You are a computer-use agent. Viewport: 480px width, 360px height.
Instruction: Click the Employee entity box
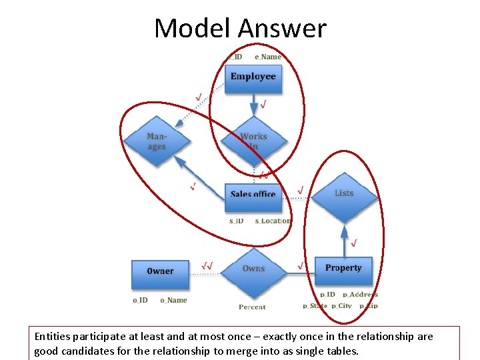253,77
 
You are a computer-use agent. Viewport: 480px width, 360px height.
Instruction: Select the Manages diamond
157,141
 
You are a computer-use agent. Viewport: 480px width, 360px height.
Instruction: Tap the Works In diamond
253,141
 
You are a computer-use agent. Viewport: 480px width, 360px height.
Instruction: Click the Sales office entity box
253,194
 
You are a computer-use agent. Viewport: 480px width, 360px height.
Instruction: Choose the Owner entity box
159,271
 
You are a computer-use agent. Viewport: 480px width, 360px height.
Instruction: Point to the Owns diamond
253,269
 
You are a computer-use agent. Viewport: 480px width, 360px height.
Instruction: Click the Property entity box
343,268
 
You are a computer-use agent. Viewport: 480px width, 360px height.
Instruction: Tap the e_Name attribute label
268,57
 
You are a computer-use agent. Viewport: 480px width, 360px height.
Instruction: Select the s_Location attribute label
273,221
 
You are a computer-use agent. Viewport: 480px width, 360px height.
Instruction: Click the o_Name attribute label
173,300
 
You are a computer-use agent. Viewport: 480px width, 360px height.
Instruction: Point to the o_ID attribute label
140,300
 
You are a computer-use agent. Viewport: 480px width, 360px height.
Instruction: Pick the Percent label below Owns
252,307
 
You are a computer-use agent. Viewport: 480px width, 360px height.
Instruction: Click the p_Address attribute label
360,294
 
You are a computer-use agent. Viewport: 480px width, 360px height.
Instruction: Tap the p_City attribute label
341,306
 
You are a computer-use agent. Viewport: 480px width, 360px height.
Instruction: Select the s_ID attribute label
237,221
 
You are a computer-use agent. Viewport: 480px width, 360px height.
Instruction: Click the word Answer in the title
282,28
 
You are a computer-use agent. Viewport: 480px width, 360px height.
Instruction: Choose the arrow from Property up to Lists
344,240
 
